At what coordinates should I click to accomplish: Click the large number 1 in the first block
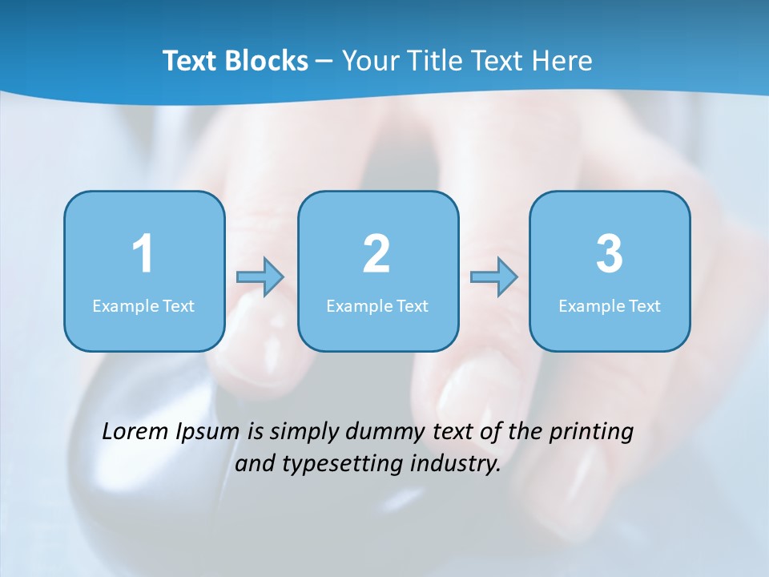click(x=143, y=254)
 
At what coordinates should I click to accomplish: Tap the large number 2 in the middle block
click(x=376, y=254)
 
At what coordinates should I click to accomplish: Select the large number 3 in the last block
click(x=610, y=254)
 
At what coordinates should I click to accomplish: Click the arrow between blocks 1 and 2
click(x=260, y=277)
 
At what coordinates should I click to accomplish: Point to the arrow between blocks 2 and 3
click(x=493, y=277)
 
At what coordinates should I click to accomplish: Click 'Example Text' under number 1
click(x=143, y=306)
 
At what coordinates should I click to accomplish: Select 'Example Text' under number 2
click(x=377, y=306)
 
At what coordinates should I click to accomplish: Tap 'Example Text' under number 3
click(x=610, y=306)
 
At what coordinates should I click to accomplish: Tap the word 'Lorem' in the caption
click(x=136, y=431)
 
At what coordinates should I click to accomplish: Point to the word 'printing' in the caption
click(x=591, y=432)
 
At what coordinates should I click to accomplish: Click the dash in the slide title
click(x=324, y=61)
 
